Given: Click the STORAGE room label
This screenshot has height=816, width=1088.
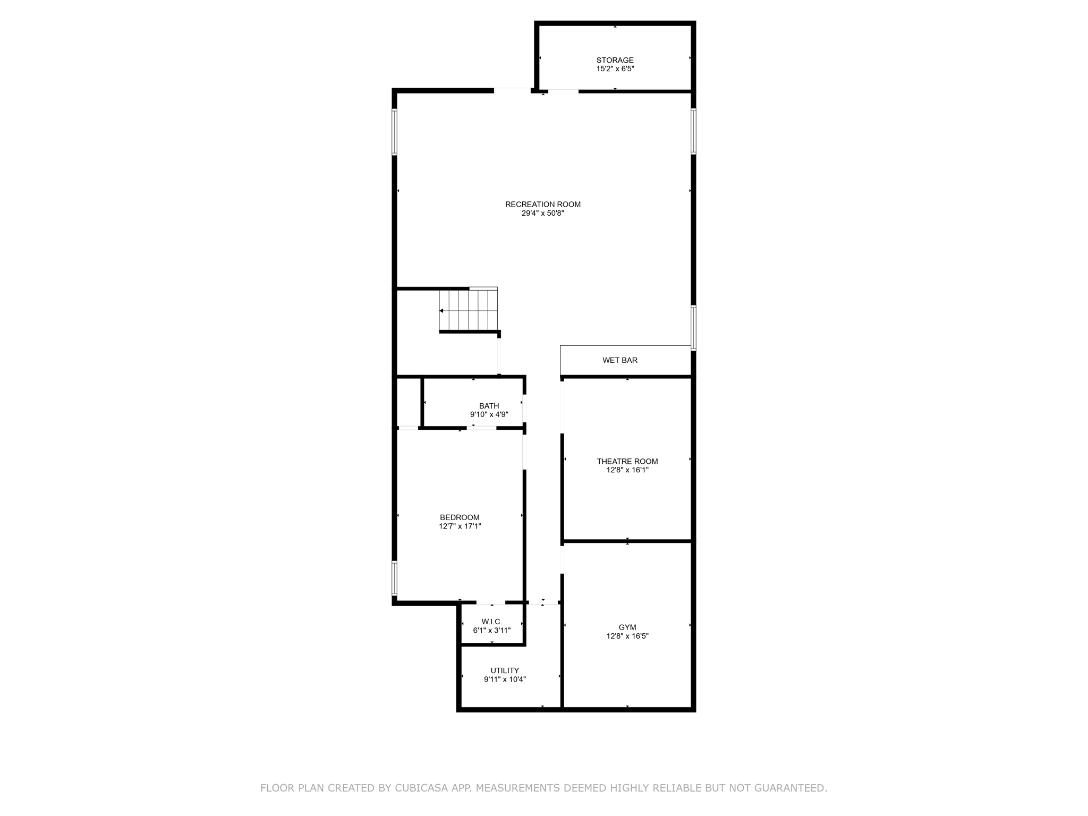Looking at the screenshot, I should coord(615,60).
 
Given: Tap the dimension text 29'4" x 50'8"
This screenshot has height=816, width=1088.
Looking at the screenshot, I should coord(542,213).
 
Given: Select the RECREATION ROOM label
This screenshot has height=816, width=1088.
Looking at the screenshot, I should coord(542,204).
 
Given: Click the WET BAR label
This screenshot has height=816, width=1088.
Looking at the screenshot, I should coord(619,360).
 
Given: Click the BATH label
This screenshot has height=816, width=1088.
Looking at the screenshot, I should coord(489,406).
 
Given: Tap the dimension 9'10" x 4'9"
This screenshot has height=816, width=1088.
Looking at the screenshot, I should coord(489,414).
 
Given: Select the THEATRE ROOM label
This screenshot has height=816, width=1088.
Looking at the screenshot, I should coord(627,461).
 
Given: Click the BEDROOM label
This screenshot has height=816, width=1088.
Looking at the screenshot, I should coord(460,517).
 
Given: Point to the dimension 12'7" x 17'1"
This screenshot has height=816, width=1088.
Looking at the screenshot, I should coord(460,526).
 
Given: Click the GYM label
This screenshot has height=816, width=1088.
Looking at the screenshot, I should coord(627,627).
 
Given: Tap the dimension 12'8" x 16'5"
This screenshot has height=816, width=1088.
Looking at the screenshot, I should coord(627,636).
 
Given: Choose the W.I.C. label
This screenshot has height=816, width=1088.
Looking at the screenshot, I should coord(491,622).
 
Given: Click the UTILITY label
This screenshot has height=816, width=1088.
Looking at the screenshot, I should coord(504,670).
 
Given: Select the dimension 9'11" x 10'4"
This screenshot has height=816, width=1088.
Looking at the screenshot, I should coord(504,679).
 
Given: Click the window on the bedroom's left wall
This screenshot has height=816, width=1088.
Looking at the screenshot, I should coord(394,578).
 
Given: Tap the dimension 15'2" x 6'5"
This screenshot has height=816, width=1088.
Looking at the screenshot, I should coord(615,69).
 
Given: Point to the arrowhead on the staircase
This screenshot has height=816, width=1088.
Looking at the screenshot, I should coord(441,311).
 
